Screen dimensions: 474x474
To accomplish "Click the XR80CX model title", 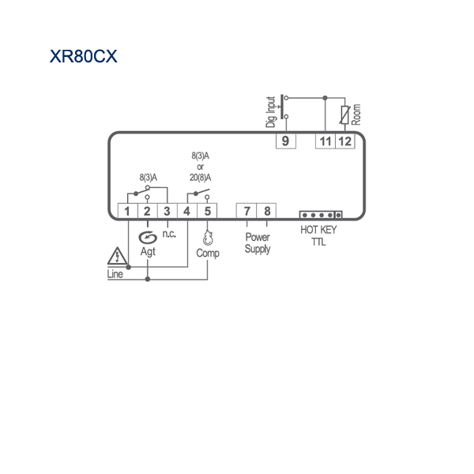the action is coord(83,56).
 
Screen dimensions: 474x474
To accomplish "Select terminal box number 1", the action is coord(127,211).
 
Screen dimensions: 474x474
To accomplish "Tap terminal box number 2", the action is coord(147,211).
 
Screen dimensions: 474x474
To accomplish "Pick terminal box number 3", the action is coord(167,211).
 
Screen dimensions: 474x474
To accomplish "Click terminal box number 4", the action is coord(187,211).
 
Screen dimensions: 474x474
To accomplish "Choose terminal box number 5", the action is coord(207,211).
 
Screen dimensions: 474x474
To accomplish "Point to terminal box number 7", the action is coord(246,211).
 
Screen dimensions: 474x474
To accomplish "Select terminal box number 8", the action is coord(266,211).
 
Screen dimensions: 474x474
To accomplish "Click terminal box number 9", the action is coord(286,141).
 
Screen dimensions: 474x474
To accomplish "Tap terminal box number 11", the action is coord(325,141).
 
